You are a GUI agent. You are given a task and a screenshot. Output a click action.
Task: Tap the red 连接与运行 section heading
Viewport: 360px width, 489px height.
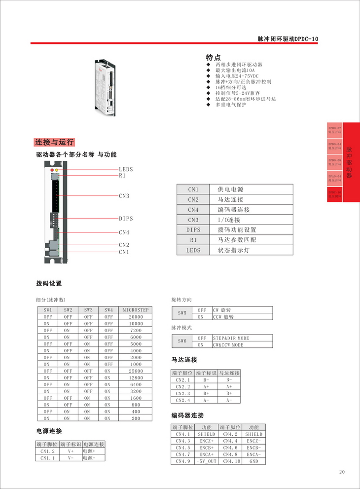[54, 142]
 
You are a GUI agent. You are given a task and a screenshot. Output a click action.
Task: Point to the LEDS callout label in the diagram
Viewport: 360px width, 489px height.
[126, 169]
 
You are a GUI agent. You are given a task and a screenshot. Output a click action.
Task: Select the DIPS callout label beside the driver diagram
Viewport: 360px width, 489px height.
[126, 219]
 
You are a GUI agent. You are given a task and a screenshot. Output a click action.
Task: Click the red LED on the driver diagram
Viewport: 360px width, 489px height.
[52, 170]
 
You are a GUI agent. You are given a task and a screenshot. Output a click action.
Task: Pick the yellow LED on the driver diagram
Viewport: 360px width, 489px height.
[57, 170]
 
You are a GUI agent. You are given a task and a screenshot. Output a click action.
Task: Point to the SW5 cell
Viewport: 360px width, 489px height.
[182, 313]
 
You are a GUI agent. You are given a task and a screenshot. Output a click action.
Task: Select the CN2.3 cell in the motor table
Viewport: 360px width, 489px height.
[182, 394]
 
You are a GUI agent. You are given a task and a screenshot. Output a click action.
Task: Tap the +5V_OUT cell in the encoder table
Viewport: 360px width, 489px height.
[206, 461]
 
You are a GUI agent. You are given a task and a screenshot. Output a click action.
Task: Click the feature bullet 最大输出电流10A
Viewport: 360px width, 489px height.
[234, 71]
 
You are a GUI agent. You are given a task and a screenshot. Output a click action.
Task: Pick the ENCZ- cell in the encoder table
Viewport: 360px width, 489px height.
[253, 441]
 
